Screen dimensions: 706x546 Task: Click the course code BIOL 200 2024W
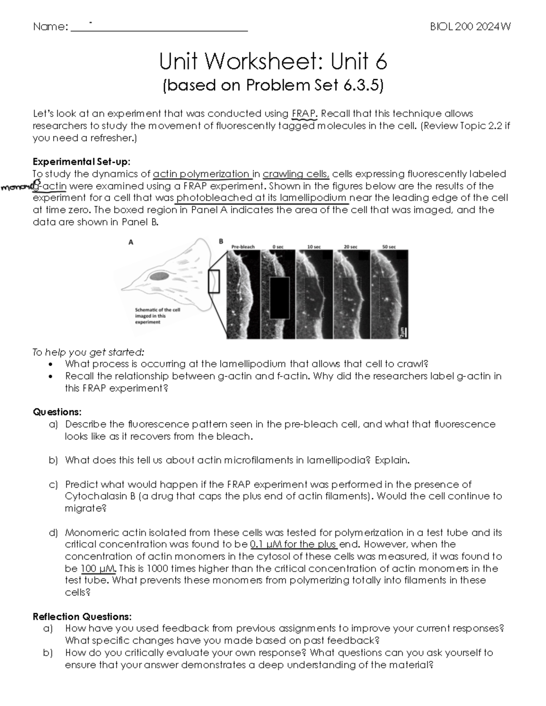470,27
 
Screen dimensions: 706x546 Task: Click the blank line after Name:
159,28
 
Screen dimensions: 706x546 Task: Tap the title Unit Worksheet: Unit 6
273,61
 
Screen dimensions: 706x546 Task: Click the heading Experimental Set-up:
81,162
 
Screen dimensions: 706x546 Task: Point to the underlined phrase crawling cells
296,174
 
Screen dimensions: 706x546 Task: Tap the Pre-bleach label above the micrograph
243,247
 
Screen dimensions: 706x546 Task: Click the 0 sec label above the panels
278,247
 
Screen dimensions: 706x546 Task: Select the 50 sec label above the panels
389,247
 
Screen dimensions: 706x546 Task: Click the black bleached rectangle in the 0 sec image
279,298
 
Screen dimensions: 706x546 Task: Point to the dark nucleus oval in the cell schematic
160,275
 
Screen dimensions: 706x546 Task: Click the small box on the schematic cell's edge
214,281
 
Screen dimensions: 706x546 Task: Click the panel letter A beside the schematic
131,242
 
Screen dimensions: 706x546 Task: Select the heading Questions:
57,412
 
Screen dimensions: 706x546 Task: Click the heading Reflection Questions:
82,616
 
